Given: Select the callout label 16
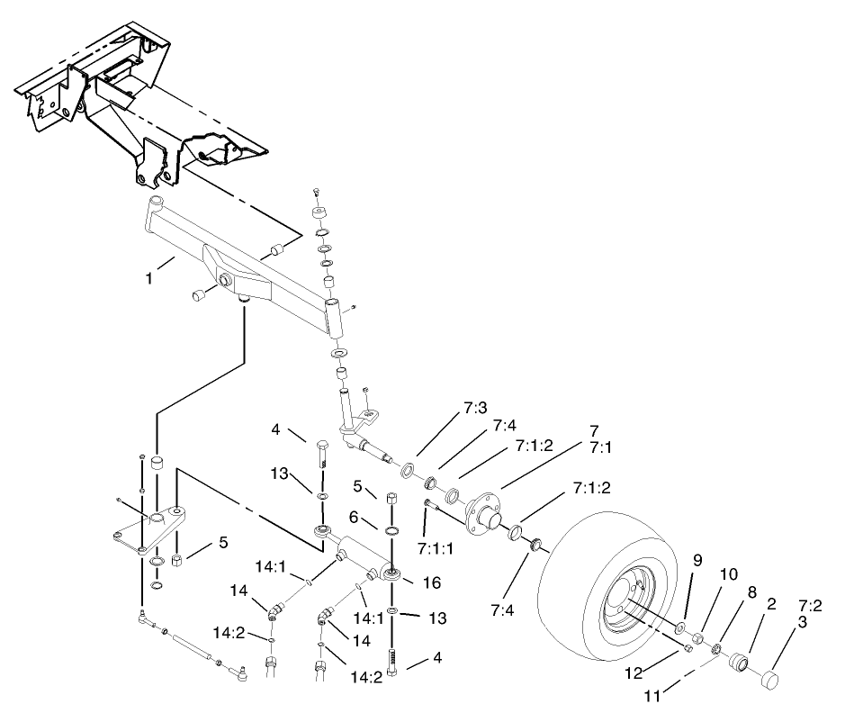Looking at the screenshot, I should point(431,584).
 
